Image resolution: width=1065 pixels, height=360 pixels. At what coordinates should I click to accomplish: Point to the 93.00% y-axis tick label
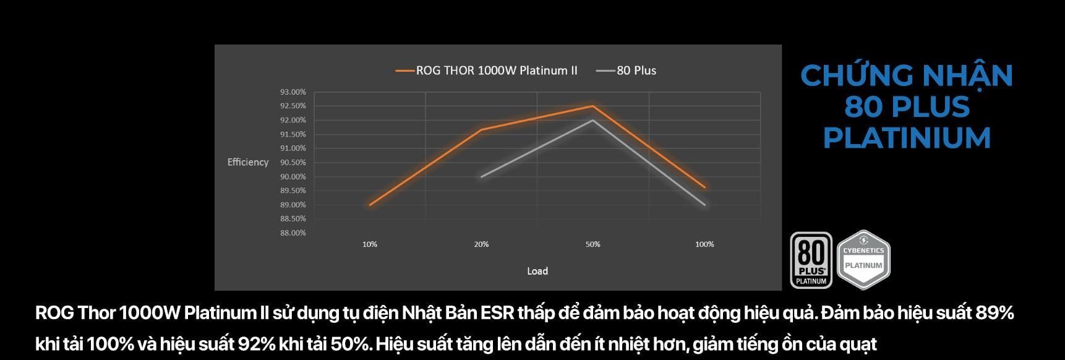click(x=293, y=92)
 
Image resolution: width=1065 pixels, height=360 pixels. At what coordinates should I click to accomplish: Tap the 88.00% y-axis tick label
click(x=293, y=233)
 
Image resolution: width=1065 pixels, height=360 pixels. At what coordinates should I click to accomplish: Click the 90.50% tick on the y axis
click(x=293, y=162)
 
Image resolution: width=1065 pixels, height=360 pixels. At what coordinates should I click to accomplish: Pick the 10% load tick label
click(x=370, y=244)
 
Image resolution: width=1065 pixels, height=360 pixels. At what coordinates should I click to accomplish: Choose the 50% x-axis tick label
click(x=592, y=244)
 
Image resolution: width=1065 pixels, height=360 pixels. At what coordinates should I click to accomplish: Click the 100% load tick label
click(x=704, y=244)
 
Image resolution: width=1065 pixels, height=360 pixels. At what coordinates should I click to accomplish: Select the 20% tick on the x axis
click(x=481, y=244)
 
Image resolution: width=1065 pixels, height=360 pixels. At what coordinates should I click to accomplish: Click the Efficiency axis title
click(x=248, y=162)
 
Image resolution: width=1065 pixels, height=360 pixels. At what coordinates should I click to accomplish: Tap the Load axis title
click(x=537, y=271)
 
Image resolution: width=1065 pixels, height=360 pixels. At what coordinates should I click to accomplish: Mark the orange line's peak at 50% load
click(x=592, y=106)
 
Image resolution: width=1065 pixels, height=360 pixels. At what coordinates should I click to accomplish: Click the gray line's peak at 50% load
click(x=592, y=120)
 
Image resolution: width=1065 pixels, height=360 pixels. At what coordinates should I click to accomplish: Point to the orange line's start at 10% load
click(x=370, y=205)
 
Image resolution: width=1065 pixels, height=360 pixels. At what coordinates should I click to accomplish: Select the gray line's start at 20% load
click(x=481, y=176)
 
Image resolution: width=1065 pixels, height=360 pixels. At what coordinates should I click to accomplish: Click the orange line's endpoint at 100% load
click(x=704, y=187)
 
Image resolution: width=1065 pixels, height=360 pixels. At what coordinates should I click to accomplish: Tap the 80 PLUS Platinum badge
click(x=811, y=260)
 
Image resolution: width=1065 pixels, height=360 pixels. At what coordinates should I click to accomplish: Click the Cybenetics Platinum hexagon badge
click(x=863, y=260)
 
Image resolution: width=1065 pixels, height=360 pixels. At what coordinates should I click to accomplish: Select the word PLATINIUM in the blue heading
click(x=907, y=138)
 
